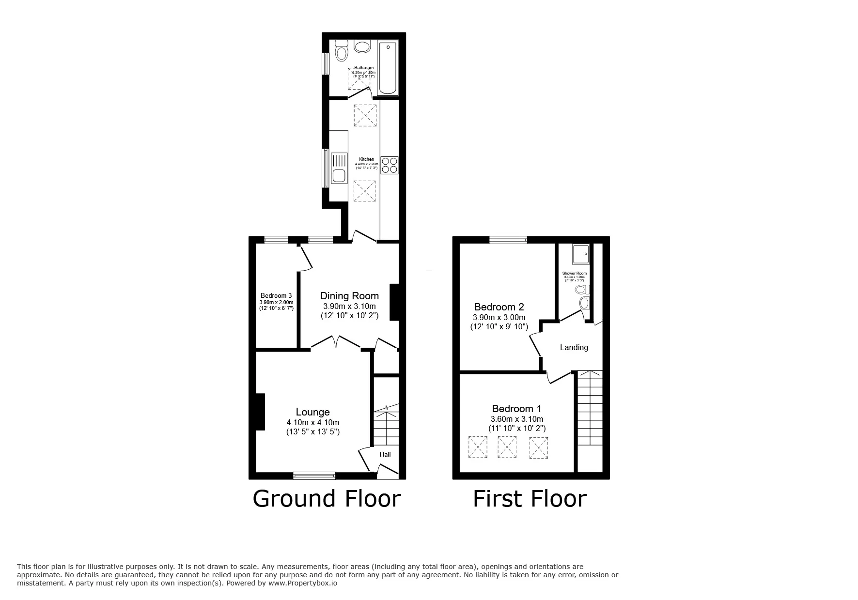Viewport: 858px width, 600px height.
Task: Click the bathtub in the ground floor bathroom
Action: tap(388, 68)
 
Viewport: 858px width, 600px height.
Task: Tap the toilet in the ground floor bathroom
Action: tap(342, 50)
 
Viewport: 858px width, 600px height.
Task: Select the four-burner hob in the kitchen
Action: tap(390, 165)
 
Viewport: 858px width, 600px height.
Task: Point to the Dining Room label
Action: tap(349, 296)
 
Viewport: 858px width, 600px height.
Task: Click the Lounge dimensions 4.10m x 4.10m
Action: tap(312, 422)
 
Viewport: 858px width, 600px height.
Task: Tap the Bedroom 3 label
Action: tap(276, 296)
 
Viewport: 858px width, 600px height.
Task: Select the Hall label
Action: tap(385, 454)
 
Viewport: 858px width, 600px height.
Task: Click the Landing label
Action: tap(574, 347)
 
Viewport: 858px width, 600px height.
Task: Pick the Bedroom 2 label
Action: tap(499, 307)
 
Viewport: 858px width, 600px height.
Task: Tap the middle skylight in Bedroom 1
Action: tap(507, 447)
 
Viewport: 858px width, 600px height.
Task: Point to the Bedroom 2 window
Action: tap(508, 240)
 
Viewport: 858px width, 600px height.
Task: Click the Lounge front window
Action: tap(314, 476)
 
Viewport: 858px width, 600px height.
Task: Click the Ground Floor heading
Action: tap(327, 499)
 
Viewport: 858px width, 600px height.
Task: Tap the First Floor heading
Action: tap(530, 499)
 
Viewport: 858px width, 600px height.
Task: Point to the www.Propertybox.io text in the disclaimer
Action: tap(302, 584)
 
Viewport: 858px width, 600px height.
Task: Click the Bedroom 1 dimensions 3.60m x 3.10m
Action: tap(516, 419)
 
